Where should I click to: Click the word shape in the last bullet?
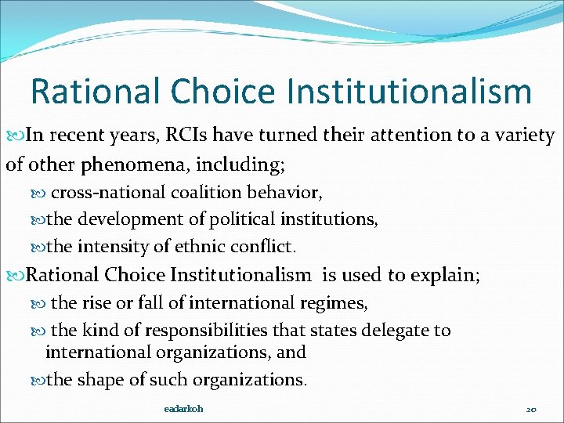99,380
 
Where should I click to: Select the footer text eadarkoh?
183,409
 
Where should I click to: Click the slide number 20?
530,410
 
